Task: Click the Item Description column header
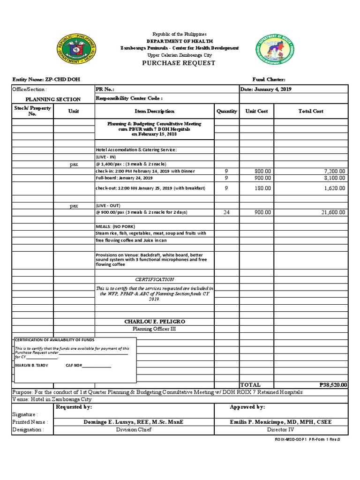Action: point(154,111)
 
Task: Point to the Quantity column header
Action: point(227,111)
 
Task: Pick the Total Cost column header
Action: point(311,111)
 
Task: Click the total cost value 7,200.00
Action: point(334,172)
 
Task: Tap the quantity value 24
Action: point(227,212)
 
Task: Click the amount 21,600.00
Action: point(333,212)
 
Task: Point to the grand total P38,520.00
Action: point(333,385)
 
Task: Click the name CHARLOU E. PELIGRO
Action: point(154,321)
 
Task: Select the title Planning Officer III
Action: point(154,329)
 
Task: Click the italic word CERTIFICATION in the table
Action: point(154,279)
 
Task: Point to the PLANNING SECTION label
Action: point(53,99)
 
